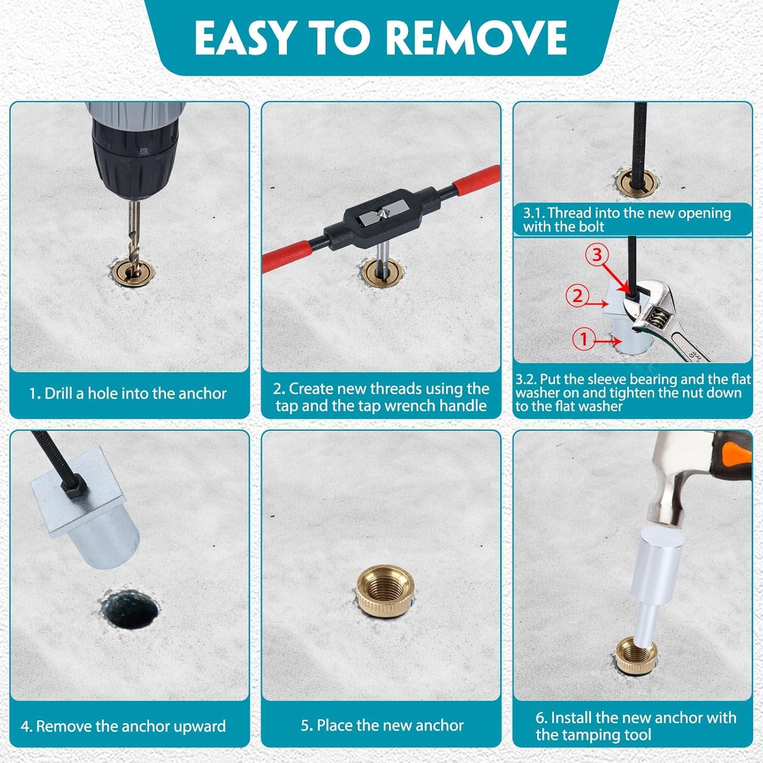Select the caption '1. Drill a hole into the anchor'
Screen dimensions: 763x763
point(128,393)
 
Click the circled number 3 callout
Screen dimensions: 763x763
point(597,255)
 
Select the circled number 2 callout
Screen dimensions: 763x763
point(577,296)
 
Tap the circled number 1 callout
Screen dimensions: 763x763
point(583,338)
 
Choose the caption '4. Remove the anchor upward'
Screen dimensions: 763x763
point(124,726)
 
